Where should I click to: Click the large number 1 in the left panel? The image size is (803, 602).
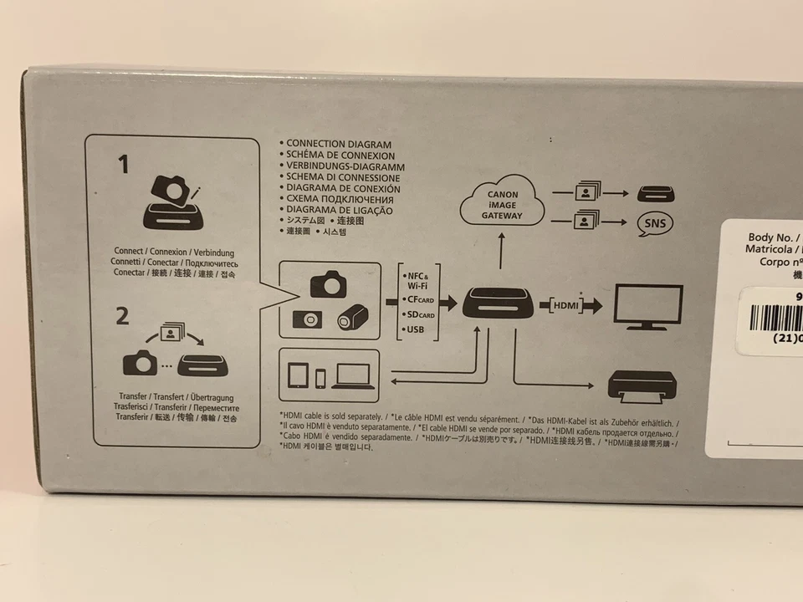pyautogui.click(x=124, y=165)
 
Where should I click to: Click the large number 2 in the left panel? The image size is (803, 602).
pyautogui.click(x=123, y=316)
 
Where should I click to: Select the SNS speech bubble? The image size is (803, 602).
pyautogui.click(x=655, y=224)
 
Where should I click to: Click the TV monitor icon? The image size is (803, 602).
pyautogui.click(x=648, y=307)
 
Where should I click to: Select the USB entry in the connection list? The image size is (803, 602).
pyautogui.click(x=414, y=330)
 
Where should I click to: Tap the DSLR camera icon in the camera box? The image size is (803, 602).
pyautogui.click(x=328, y=283)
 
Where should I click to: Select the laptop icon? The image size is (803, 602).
pyautogui.click(x=352, y=376)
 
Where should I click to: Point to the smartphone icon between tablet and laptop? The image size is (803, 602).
pyautogui.click(x=320, y=378)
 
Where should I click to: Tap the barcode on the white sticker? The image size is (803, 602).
pyautogui.click(x=770, y=319)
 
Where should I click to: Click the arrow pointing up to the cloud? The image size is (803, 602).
pyautogui.click(x=500, y=251)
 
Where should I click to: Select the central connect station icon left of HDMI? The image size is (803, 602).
pyautogui.click(x=498, y=302)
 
